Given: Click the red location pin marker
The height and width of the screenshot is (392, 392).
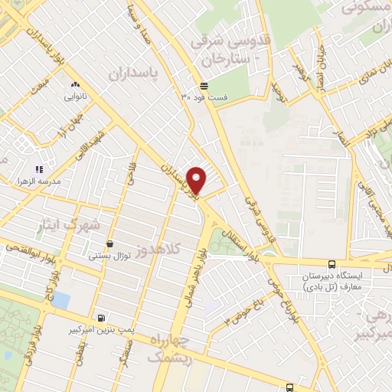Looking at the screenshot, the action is [198, 179].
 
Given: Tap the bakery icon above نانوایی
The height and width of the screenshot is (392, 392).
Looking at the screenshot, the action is [75, 85].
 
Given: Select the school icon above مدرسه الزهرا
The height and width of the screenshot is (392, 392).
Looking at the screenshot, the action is [39, 169].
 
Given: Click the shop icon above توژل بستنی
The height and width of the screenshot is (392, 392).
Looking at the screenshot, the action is [110, 242].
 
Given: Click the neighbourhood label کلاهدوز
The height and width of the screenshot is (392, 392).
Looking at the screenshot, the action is [157, 250].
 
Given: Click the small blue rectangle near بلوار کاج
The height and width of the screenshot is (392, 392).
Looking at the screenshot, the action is [60, 300].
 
